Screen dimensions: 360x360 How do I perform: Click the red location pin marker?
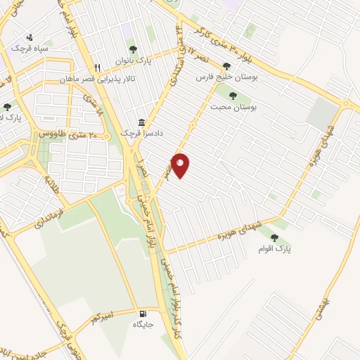click(x=181, y=165)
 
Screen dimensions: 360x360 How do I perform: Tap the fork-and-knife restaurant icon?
click(x=98, y=67)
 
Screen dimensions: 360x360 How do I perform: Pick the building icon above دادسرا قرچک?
click(x=142, y=122)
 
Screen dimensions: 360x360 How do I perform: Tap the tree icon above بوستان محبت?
click(x=232, y=97)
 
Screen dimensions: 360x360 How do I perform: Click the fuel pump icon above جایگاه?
click(x=143, y=314)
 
